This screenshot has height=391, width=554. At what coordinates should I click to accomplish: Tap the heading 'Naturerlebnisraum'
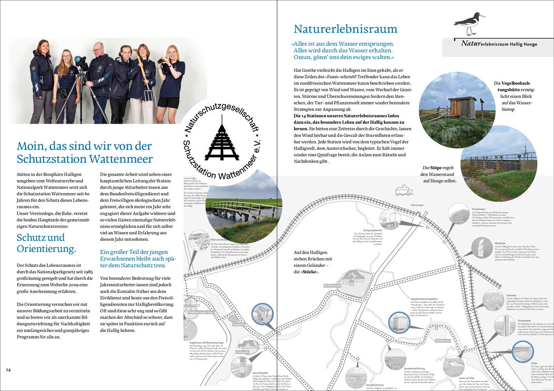345,29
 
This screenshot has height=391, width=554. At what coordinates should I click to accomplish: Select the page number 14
8,369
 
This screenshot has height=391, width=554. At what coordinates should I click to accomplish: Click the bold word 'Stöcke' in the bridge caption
310,271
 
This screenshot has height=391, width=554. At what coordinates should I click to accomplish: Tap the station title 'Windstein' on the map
500,243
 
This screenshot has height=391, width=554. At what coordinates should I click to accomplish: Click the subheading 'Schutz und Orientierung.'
47,243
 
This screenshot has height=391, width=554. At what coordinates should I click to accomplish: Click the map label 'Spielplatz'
238,324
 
